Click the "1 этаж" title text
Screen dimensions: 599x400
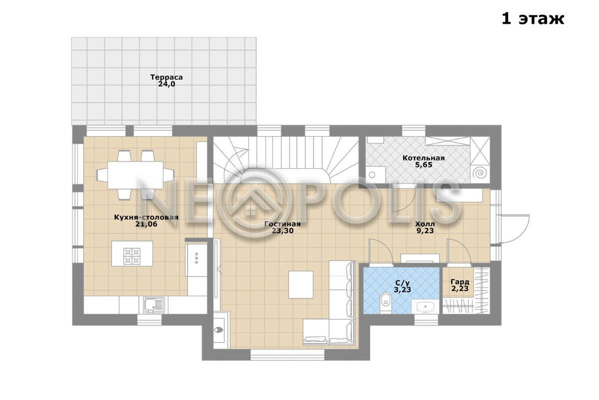click(533, 19)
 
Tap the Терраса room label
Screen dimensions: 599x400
click(166, 77)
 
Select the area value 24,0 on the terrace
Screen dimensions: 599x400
click(166, 84)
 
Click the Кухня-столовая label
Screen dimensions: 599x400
click(146, 217)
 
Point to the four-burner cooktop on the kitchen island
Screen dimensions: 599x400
click(132, 256)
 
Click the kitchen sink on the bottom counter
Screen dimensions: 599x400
click(154, 305)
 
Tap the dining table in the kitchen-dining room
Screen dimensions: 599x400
click(135, 175)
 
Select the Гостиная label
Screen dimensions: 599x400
click(283, 224)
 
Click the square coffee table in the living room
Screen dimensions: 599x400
click(301, 284)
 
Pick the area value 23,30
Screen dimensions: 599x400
click(283, 230)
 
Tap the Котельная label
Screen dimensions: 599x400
click(424, 158)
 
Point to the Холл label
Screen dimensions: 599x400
click(425, 224)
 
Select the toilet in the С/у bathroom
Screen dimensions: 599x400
click(385, 302)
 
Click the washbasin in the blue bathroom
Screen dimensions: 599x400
click(425, 306)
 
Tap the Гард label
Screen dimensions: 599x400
click(460, 282)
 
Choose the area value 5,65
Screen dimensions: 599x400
click(424, 165)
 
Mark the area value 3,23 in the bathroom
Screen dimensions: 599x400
click(402, 289)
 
